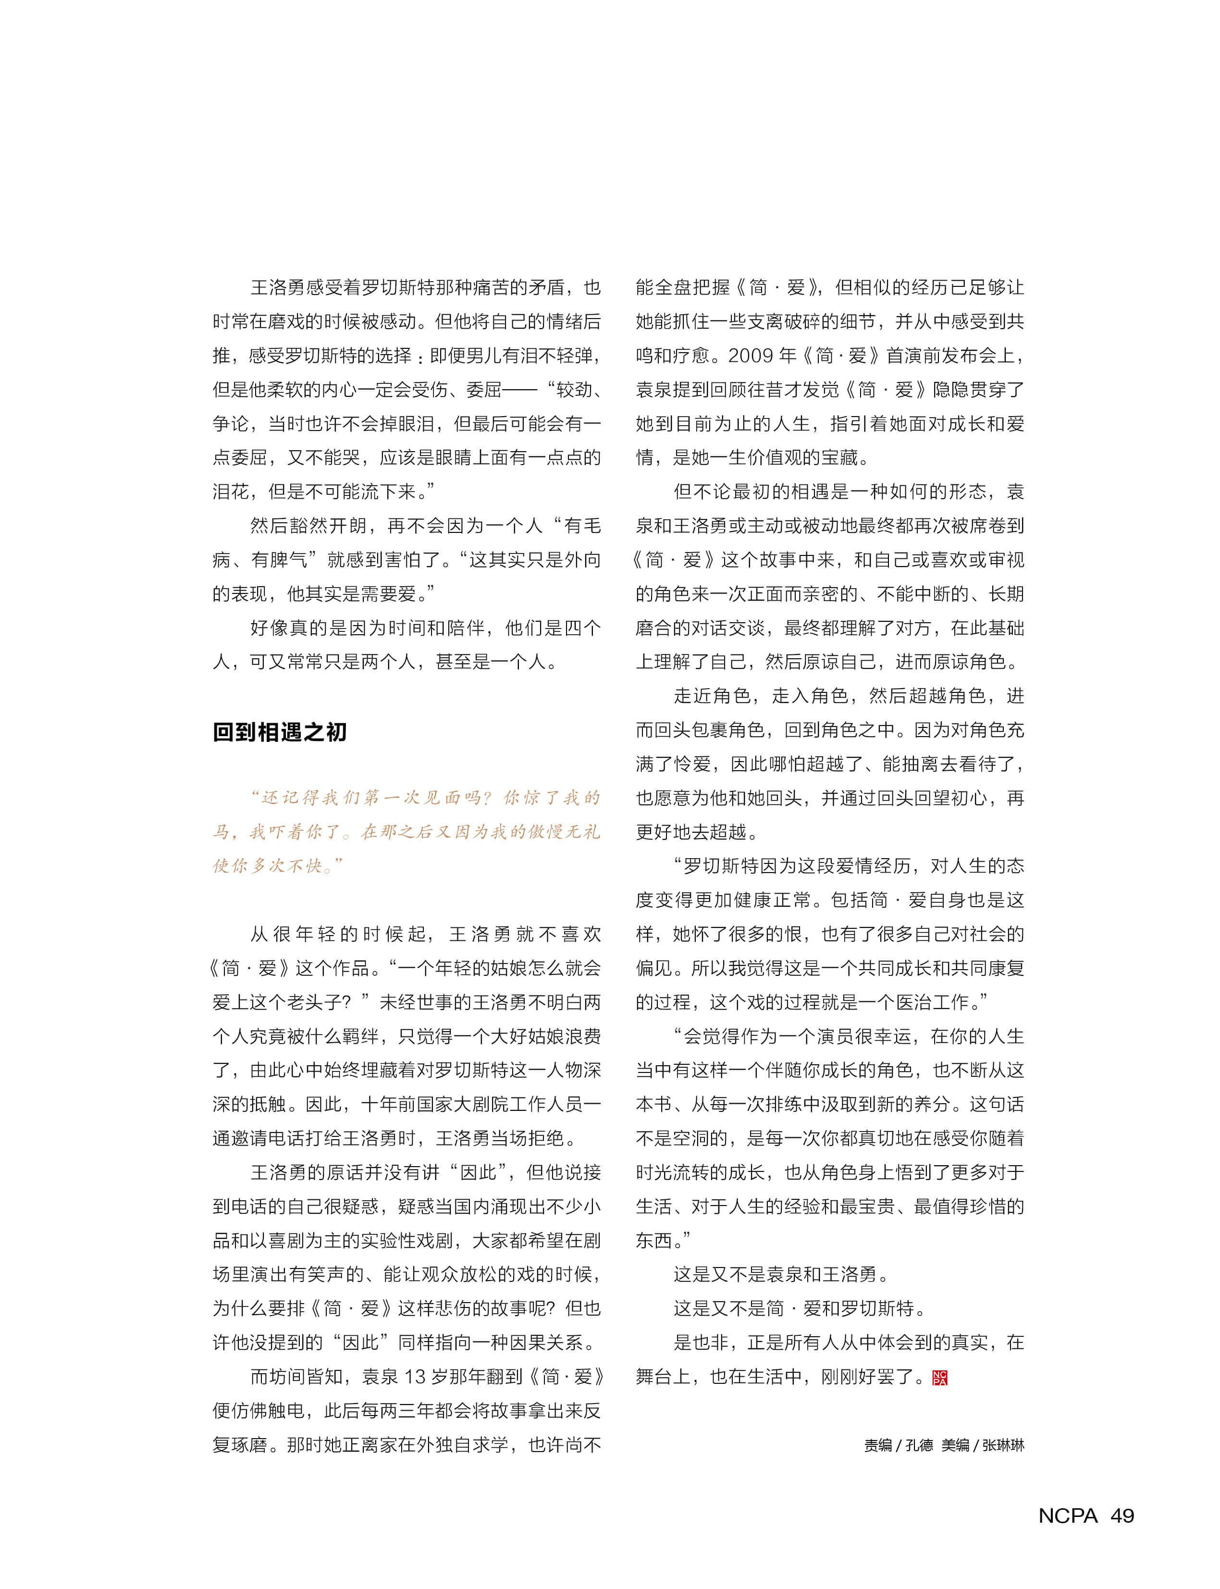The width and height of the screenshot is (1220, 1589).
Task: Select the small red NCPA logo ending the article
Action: click(x=940, y=1378)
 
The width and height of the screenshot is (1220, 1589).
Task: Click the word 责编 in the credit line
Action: click(x=878, y=1445)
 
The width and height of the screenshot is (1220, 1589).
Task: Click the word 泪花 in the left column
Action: click(x=231, y=492)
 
